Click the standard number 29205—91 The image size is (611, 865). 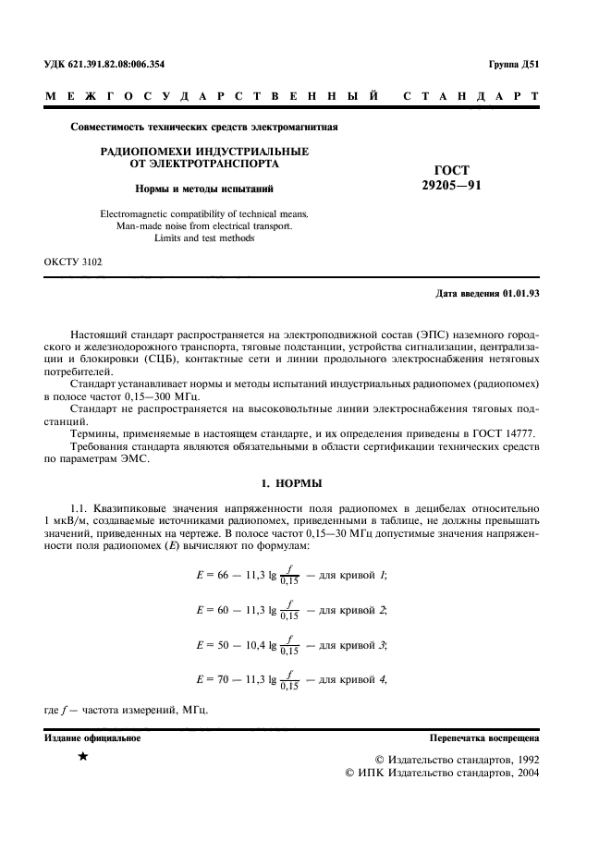451,185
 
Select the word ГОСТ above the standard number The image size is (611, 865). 451,170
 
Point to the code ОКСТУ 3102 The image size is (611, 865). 74,262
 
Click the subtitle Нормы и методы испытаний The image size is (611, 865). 204,189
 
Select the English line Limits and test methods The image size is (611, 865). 204,238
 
